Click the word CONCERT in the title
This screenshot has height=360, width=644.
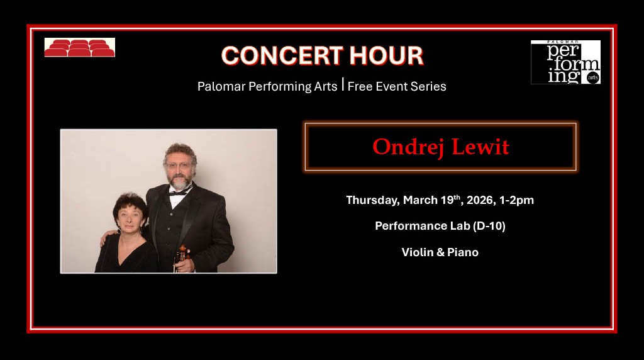click(x=275, y=56)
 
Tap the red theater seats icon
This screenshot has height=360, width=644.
click(x=79, y=48)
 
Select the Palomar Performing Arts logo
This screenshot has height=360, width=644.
click(x=565, y=62)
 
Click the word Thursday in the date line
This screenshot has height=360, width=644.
click(x=372, y=200)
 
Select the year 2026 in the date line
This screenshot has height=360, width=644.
click(x=481, y=200)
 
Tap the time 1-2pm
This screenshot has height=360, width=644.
click(x=517, y=200)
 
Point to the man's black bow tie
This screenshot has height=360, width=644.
click(x=179, y=191)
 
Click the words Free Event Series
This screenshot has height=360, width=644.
click(x=397, y=87)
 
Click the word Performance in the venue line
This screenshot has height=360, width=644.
click(x=414, y=226)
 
